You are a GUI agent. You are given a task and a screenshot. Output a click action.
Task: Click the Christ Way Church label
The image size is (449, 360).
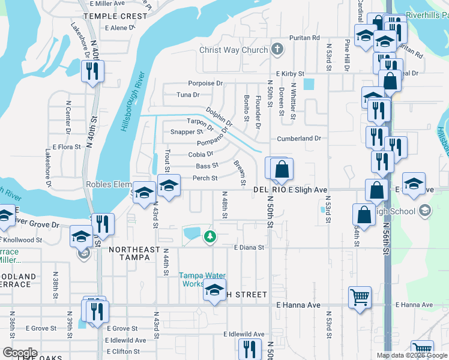pyautogui.click(x=233, y=50)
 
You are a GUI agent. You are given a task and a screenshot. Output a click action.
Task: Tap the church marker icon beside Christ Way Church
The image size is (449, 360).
pyautogui.click(x=277, y=49)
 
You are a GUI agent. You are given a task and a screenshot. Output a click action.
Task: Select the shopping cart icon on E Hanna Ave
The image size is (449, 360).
pyautogui.click(x=360, y=296)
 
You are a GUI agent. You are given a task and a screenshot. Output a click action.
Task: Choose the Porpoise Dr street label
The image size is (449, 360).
pyautogui.click(x=205, y=83)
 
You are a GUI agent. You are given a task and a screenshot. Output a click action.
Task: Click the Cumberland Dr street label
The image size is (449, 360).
pyautogui.click(x=299, y=138)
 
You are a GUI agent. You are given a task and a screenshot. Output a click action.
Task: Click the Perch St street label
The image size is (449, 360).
pyautogui.click(x=205, y=178)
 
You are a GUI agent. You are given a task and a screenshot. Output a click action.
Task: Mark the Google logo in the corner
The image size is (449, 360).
pyautogui.click(x=20, y=353)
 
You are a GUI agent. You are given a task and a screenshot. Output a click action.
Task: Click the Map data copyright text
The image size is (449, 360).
pyautogui.click(x=411, y=355)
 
